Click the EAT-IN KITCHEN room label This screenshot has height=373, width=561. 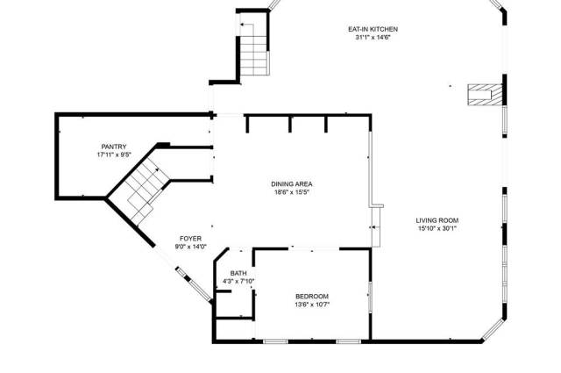click(373, 29)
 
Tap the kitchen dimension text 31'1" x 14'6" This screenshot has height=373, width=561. click(372, 37)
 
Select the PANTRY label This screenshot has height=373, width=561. click(114, 147)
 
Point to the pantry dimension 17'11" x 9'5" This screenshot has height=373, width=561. click(114, 154)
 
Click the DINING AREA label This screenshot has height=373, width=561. click(292, 184)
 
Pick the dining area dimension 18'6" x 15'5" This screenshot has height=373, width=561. click(292, 192)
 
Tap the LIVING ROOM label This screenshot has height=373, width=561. click(437, 220)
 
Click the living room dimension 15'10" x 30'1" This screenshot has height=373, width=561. click(437, 228)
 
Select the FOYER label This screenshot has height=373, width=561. click(190, 238)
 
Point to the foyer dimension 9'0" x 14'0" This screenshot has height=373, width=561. click(191, 247)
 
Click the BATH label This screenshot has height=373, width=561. click(238, 273)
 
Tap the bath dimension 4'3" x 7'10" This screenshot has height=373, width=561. click(238, 281)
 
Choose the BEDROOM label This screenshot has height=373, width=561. click(312, 297)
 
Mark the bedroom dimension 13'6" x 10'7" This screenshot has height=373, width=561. click(312, 305)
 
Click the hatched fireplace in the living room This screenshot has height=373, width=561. click(485, 95)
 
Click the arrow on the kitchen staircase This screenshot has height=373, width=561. click(247, 30)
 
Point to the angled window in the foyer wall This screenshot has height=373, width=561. click(194, 283)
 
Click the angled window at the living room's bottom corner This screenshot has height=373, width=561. click(494, 329)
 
